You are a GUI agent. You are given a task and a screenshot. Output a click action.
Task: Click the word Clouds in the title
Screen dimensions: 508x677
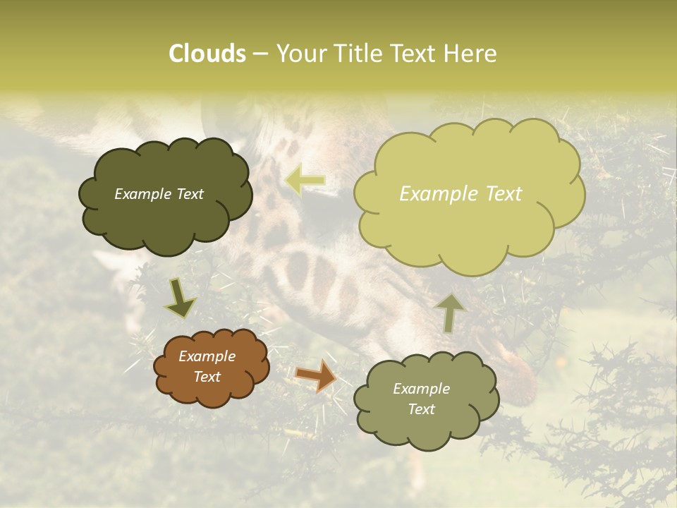point(207,54)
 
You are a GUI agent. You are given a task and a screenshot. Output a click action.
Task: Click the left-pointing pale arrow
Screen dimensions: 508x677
point(305,181)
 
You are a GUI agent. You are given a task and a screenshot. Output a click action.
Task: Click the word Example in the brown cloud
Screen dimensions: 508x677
point(207,356)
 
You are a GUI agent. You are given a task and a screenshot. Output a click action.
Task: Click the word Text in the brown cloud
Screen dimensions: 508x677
point(207,377)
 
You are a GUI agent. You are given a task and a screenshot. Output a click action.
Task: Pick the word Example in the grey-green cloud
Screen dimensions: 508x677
point(421,389)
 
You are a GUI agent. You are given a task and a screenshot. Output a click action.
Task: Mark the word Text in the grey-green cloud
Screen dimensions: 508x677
point(421,409)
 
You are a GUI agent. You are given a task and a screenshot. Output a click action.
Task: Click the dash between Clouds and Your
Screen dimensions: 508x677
point(260,54)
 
